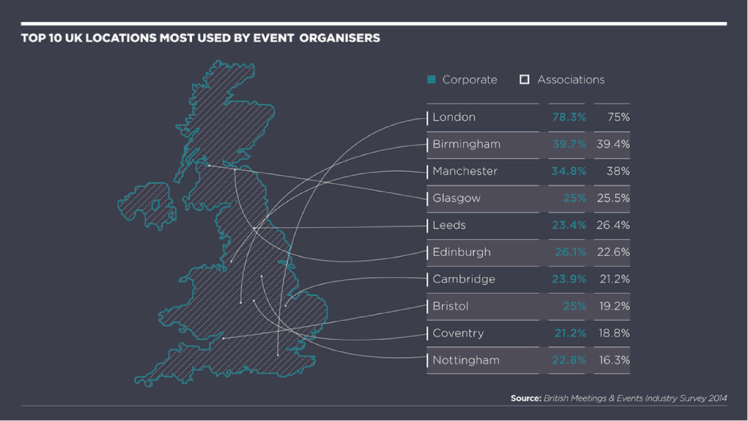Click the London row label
[454, 117]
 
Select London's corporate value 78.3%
[569, 117]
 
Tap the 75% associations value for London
[618, 117]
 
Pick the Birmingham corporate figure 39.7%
[569, 144]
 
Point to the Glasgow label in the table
[456, 199]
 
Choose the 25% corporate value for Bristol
[574, 306]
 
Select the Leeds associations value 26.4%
[613, 226]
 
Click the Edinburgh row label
[461, 252]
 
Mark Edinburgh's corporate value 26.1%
[570, 252]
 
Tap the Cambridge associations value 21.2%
[614, 279]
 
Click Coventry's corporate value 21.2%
[570, 333]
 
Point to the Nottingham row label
[465, 361]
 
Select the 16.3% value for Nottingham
[614, 361]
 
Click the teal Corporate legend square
[432, 80]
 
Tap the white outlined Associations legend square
[524, 80]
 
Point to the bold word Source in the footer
[526, 398]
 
